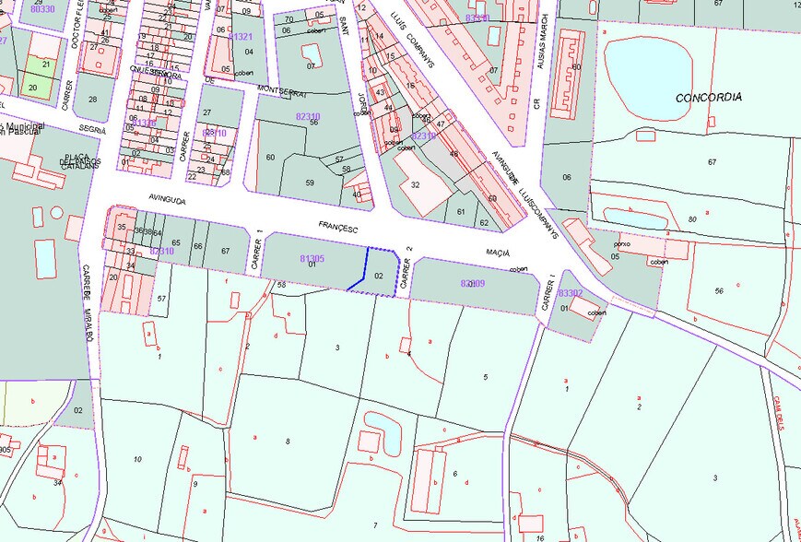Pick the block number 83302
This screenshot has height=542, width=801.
tap(570, 293)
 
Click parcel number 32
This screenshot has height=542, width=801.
tap(416, 184)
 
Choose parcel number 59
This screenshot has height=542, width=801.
tap(310, 183)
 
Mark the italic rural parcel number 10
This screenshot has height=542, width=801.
tap(137, 459)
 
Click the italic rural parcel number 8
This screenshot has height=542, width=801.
tap(288, 442)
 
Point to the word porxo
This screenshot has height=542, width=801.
tap(623, 244)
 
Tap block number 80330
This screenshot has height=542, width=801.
tap(41, 8)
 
